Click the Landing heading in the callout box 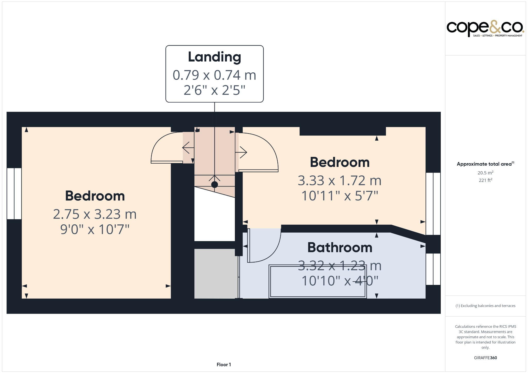tap(214, 57)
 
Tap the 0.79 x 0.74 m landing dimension tap(214, 75)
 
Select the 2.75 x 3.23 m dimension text tap(95, 214)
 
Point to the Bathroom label tap(340, 248)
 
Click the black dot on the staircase tap(214, 184)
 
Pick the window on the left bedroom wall tap(14, 193)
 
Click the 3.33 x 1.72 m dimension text tap(340, 181)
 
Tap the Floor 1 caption tap(224, 364)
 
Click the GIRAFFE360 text tap(485, 358)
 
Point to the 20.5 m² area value tap(485, 173)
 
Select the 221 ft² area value tap(485, 180)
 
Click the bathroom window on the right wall tap(433, 269)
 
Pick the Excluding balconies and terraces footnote tap(485, 306)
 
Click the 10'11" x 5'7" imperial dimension tap(340, 196)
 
